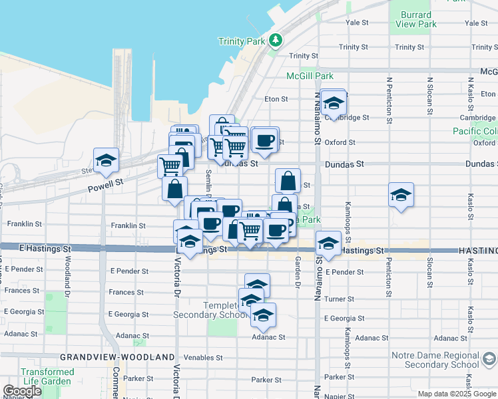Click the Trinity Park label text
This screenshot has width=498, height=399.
point(241,41)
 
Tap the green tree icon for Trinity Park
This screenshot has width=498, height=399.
point(276,41)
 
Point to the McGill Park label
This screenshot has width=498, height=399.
point(310,76)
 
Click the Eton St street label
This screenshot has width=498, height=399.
point(276,99)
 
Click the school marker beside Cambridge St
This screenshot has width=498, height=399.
point(333,103)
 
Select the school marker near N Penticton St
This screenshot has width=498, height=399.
point(401,196)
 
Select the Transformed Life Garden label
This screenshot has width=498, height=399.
point(47,377)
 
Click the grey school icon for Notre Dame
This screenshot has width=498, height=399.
point(489,360)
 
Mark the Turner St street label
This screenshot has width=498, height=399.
point(339,299)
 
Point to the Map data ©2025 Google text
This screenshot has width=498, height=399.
point(457,394)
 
